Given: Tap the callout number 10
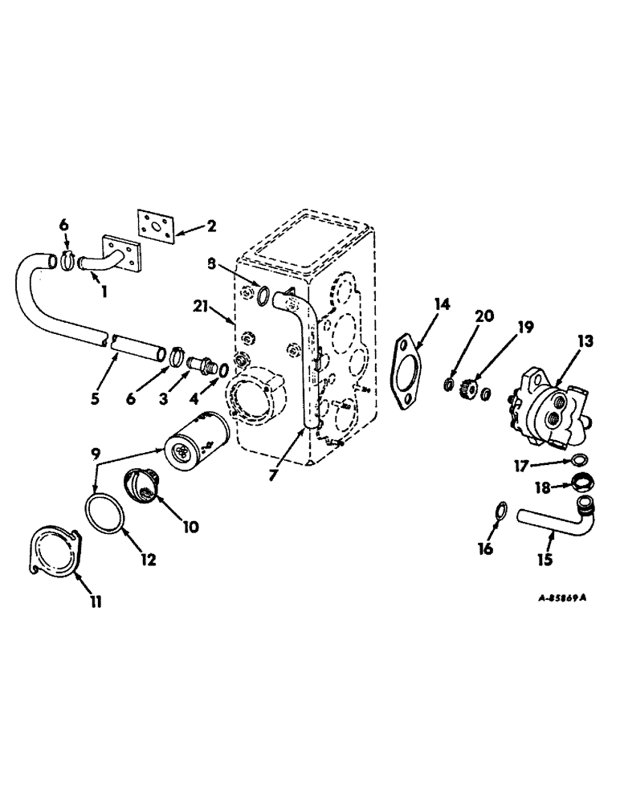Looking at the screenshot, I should pos(192,528).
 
